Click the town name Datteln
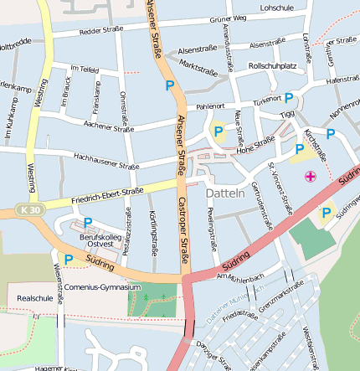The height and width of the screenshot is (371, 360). [224, 193]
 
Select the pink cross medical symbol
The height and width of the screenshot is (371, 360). [311, 176]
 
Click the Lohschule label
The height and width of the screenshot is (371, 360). [277, 7]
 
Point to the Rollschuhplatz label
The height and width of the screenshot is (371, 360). [273, 65]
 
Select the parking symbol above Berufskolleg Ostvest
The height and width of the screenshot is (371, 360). [88, 223]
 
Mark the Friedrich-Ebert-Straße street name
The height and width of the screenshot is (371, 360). [106, 194]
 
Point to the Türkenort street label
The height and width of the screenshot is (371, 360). [268, 99]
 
